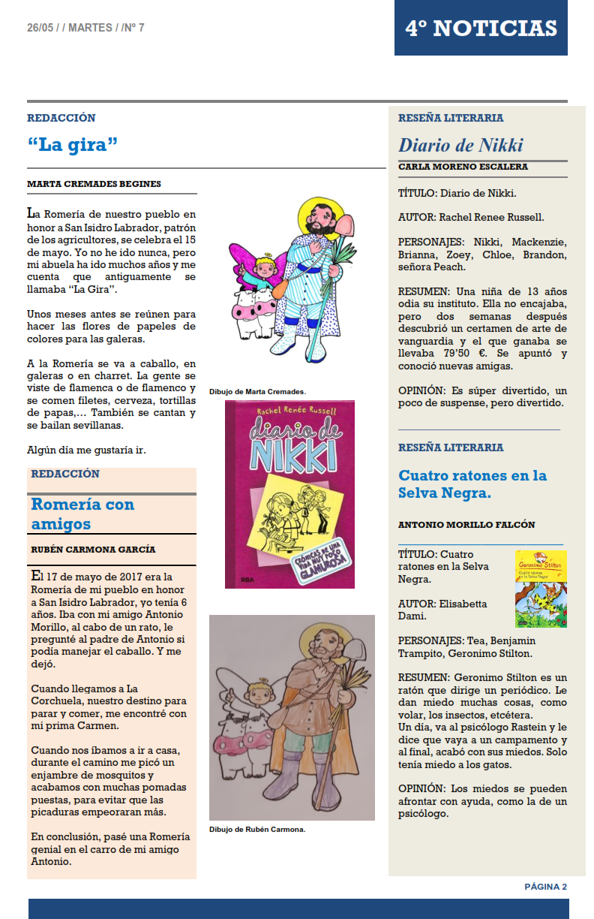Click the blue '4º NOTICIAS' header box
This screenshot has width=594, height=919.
(481, 28)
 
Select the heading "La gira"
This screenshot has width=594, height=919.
(73, 144)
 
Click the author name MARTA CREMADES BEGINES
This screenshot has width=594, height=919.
(94, 184)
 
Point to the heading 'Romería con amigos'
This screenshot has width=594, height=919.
(82, 514)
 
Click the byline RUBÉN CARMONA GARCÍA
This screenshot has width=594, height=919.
(93, 549)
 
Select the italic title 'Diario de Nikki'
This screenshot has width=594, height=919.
(460, 145)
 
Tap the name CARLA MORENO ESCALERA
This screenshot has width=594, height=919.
(463, 167)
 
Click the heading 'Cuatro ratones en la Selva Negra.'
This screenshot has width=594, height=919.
(472, 484)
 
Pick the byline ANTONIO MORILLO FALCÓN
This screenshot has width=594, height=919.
(466, 525)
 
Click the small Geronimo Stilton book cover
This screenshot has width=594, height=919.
(541, 589)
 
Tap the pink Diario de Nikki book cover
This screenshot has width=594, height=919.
(289, 494)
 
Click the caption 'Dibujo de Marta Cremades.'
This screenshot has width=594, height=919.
(257, 392)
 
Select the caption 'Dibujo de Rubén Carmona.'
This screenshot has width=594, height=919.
(257, 830)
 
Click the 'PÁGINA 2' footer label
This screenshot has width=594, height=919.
(545, 887)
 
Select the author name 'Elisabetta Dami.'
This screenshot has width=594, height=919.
(442, 610)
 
